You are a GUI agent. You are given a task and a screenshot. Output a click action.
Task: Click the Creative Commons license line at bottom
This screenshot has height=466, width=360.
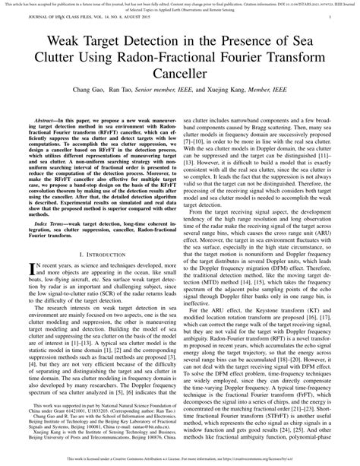click(180, 461)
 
